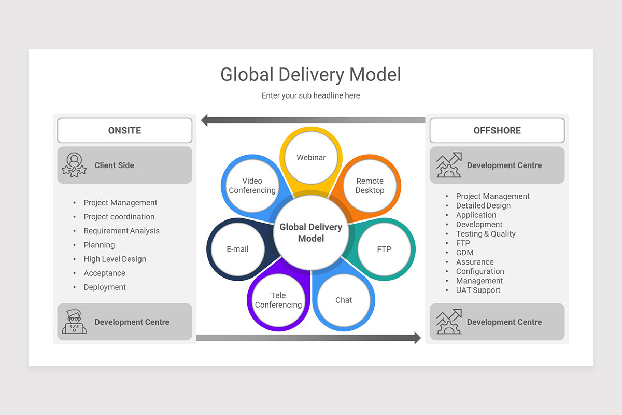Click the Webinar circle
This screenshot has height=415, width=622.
(x=311, y=158)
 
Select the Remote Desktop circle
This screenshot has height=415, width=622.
(x=370, y=186)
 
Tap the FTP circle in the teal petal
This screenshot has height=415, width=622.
(x=384, y=249)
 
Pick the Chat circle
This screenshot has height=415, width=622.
(x=344, y=300)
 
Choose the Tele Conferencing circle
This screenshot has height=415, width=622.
(x=278, y=300)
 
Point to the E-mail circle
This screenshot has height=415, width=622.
(x=238, y=249)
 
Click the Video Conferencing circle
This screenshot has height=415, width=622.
(x=252, y=186)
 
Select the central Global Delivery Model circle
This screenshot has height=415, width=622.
(x=311, y=233)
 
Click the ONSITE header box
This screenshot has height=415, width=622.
(x=124, y=130)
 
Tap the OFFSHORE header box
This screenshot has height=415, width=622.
(x=497, y=130)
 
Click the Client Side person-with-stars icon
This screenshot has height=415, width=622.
(x=74, y=165)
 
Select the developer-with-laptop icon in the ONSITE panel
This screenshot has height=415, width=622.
(x=74, y=322)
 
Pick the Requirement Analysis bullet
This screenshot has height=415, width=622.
(x=121, y=231)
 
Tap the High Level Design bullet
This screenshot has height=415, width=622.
(x=115, y=259)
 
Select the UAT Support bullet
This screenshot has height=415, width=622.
(x=478, y=290)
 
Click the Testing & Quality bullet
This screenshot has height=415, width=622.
(x=486, y=234)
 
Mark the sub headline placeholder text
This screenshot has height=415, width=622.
(x=310, y=95)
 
